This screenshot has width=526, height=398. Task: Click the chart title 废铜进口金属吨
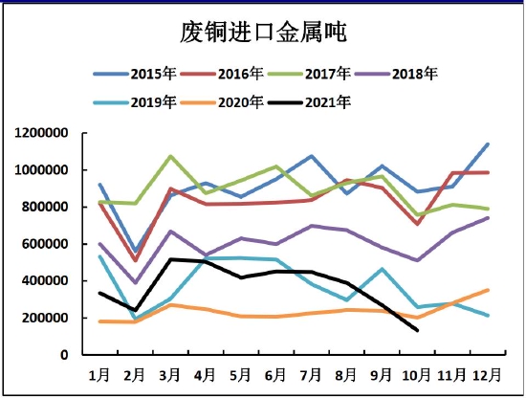coord(263,33)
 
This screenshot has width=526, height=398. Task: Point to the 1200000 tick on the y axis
coord(41,133)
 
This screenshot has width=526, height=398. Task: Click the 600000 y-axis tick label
coord(45,244)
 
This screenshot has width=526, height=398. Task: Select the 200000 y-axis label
coord(45,318)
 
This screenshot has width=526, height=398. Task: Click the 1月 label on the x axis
coord(99,372)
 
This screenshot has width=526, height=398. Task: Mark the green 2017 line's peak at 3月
coord(170,156)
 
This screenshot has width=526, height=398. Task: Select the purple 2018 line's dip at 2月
coord(135,283)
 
